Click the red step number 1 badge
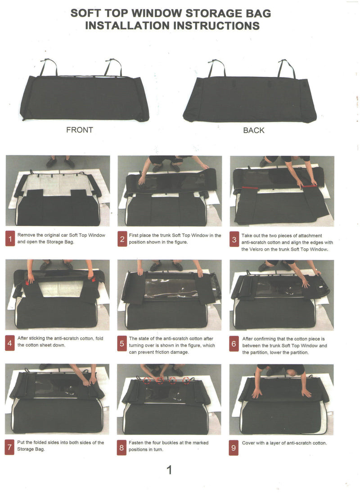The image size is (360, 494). [x=10, y=239]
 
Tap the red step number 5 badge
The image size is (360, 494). [x=121, y=343]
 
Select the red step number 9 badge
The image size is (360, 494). [x=234, y=448]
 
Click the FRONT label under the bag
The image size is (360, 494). [x=80, y=130]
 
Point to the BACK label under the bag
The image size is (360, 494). [x=254, y=130]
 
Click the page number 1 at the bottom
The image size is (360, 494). [x=169, y=470]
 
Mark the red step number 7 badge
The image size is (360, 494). [x=9, y=447]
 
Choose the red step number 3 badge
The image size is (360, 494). [x=234, y=239]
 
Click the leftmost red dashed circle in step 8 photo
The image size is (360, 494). [x=147, y=380]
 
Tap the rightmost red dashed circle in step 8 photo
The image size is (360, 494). [x=186, y=380]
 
